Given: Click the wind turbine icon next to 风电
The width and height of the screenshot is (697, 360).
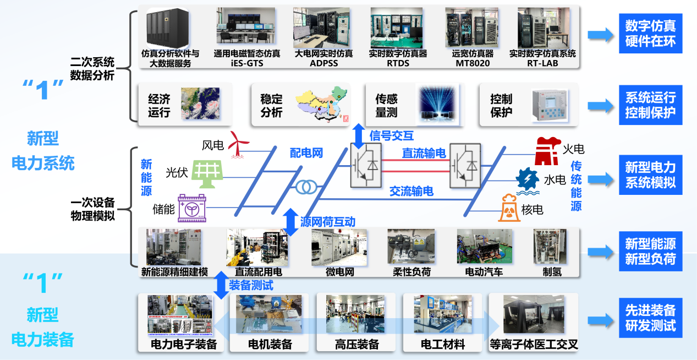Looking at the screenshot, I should (x=238, y=144).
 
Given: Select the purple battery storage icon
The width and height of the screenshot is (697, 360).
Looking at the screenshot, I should (x=191, y=208).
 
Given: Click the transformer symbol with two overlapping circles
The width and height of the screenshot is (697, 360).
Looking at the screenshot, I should (x=304, y=187).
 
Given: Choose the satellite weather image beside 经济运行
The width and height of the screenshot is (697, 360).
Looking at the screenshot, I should (x=200, y=103).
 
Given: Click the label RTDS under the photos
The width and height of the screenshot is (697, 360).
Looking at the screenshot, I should (x=398, y=63).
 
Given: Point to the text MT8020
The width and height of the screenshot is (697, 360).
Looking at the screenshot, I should (x=472, y=63).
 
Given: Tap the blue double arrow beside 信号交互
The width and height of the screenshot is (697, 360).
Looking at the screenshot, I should (x=359, y=136).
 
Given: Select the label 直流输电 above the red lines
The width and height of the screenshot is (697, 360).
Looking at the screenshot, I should (x=424, y=154).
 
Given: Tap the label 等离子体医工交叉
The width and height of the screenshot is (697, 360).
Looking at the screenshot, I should (x=534, y=345).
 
